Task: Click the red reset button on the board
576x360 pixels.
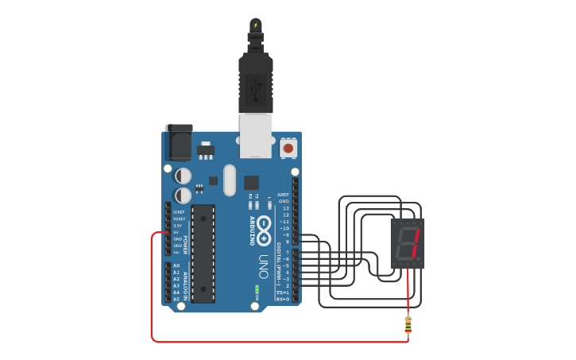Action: coord(288,148)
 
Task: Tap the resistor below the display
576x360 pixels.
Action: coord(408,324)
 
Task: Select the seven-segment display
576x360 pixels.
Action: coord(408,243)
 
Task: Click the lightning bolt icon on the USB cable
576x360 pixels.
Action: coord(255,25)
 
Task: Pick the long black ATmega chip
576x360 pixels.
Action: coord(203,254)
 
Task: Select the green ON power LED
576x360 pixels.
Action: coord(257,289)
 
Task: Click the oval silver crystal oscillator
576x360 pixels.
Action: coord(230,180)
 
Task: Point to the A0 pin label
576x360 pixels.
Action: coord(176,265)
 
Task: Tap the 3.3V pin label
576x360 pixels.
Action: coord(177,226)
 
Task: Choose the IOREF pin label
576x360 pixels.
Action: coord(178,212)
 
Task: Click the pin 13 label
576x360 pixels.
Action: coord(286,208)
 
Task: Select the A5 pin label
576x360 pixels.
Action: coord(176,299)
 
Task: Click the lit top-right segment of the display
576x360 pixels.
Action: coord(416,237)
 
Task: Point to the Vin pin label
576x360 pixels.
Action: coord(177,253)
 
